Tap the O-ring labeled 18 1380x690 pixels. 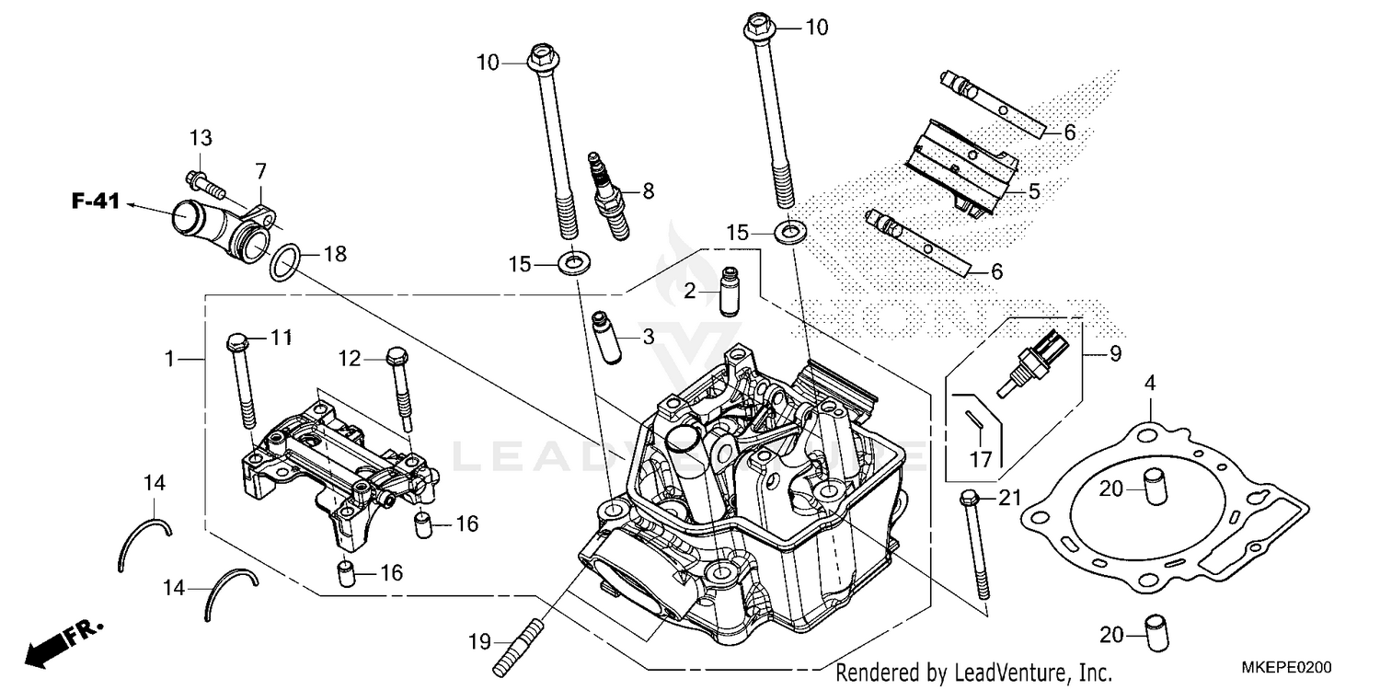[284, 262]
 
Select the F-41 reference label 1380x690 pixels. [96, 201]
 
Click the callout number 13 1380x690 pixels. [201, 138]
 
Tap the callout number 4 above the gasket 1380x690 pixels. [1150, 383]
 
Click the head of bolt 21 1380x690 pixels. [968, 500]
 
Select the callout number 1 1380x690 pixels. [169, 359]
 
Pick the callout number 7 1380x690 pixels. [260, 171]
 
